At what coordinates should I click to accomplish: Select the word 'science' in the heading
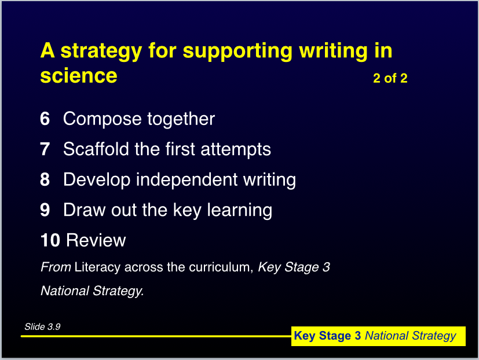point(79,76)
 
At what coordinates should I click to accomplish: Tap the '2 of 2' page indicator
point(390,78)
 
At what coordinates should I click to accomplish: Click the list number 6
point(45,119)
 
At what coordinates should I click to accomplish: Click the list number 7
point(45,149)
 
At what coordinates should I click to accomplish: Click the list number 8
point(45,179)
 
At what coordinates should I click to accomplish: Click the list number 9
point(45,210)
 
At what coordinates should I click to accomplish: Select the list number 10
point(50,240)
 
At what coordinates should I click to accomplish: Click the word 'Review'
point(96,240)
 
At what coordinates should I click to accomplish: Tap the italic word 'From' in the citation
point(56,267)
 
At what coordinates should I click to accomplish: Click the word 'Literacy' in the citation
point(97,267)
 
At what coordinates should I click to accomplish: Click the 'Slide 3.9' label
point(42,327)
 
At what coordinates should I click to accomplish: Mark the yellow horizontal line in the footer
point(156,336)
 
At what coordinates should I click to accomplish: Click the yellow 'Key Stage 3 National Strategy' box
point(378,336)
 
